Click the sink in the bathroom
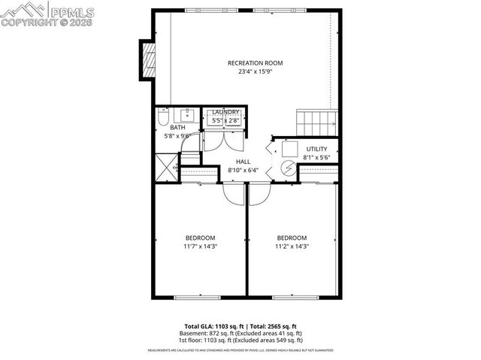pyautogui.click(x=186, y=115)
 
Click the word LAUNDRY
pyautogui.click(x=225, y=112)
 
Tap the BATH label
pyautogui.click(x=177, y=128)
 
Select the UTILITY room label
pyautogui.click(x=316, y=149)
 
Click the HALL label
pyautogui.click(x=243, y=162)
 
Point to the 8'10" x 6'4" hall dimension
pyautogui.click(x=243, y=171)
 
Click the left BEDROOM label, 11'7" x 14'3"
pyautogui.click(x=200, y=237)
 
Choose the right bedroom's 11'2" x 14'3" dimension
pyautogui.click(x=291, y=247)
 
